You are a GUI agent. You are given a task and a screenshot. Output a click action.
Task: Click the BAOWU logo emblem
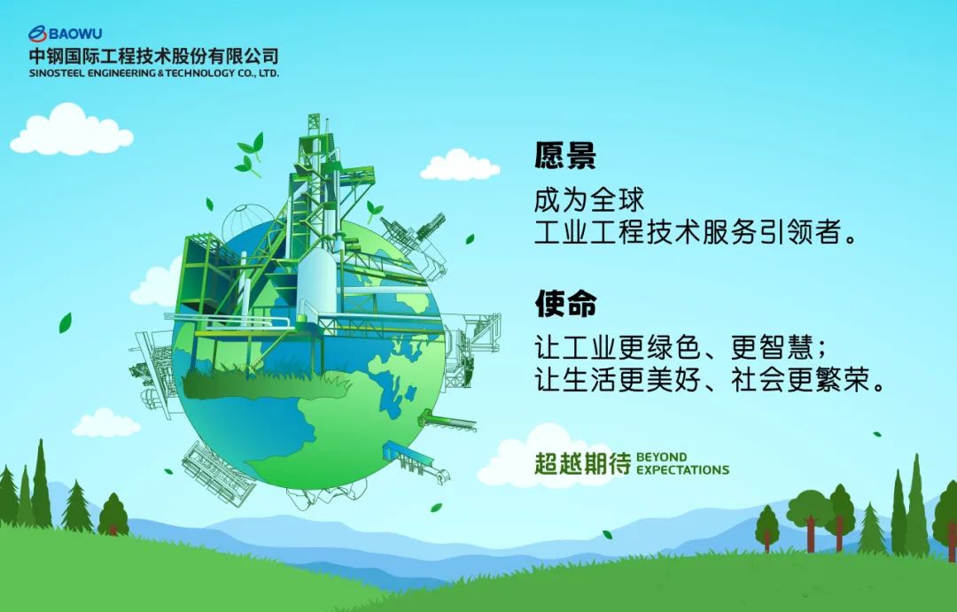click(37, 34)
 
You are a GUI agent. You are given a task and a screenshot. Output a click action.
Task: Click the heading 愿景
click(565, 156)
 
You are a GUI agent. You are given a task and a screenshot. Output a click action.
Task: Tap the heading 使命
click(565, 303)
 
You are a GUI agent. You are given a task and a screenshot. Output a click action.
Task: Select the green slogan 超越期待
click(583, 464)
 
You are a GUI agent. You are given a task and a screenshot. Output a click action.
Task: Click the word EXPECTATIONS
click(682, 470)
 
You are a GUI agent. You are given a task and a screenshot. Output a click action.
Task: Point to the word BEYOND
click(661, 457)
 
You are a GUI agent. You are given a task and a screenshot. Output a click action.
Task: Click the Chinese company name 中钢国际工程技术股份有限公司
click(154, 56)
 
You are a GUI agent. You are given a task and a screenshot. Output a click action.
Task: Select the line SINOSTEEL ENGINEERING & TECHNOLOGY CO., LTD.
click(154, 74)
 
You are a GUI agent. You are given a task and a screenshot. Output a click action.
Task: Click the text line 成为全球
click(589, 200)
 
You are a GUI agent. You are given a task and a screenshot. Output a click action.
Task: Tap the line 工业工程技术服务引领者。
click(696, 232)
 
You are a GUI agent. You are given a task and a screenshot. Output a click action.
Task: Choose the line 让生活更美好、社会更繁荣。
click(710, 380)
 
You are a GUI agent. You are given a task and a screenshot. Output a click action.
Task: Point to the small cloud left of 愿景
click(460, 165)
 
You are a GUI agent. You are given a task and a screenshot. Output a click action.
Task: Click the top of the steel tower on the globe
click(314, 117)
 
